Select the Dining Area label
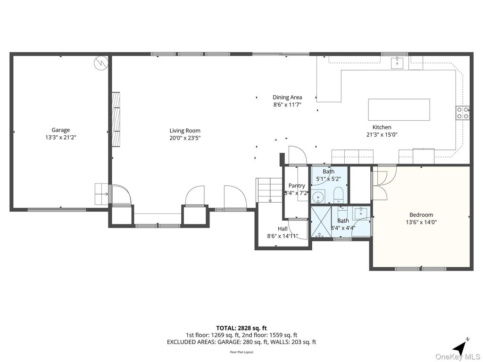coord(287,98)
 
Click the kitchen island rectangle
coord(399,109)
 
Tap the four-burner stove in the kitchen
coord(462,113)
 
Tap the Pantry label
coord(297,186)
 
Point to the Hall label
coord(283,229)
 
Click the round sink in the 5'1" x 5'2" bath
coord(319,196)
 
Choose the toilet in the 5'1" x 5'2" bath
coord(338,194)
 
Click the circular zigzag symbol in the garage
coord(101,63)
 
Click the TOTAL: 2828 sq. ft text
coord(241,328)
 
